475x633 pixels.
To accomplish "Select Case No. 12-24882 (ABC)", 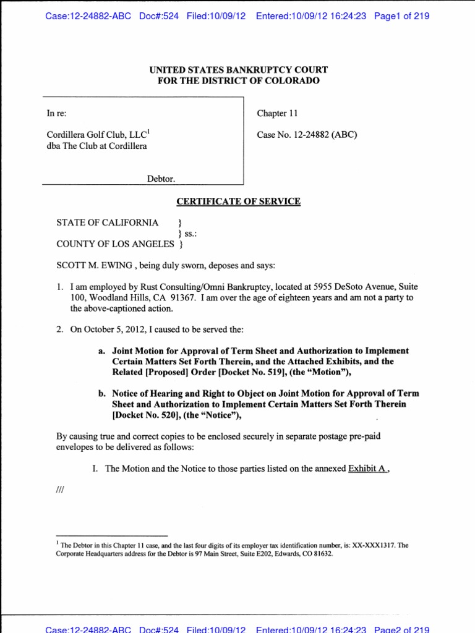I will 307,135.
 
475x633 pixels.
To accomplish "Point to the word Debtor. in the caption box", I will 160,179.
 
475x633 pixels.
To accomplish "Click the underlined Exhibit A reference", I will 370,469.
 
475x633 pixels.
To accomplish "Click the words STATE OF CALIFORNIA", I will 107,223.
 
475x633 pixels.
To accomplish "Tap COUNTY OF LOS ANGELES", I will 115,244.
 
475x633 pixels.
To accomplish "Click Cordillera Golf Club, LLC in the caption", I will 97,135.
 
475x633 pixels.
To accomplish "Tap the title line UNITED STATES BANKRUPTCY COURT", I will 238,70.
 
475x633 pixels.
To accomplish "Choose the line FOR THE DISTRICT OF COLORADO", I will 238,81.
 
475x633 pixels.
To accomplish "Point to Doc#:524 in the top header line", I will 157,15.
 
